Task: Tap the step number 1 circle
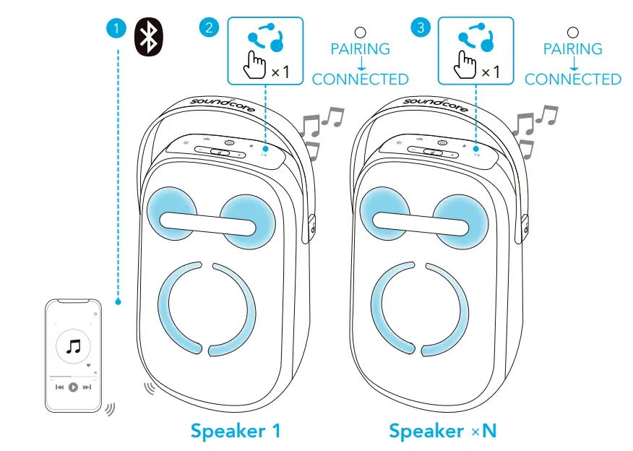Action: click(116, 29)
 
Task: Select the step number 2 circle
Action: click(208, 29)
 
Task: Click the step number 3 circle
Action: click(420, 29)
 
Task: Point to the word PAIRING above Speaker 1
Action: click(361, 49)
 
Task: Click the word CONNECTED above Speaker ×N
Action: click(572, 80)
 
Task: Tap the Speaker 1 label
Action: click(235, 431)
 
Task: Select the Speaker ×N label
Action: click(443, 431)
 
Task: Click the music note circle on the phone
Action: click(73, 348)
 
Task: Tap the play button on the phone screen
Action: click(73, 387)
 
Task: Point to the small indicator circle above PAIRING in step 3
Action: click(573, 33)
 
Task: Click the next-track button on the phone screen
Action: click(87, 387)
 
